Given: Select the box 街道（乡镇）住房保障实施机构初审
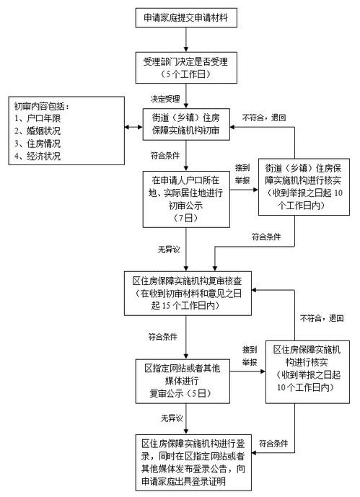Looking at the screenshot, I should click(186, 126).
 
